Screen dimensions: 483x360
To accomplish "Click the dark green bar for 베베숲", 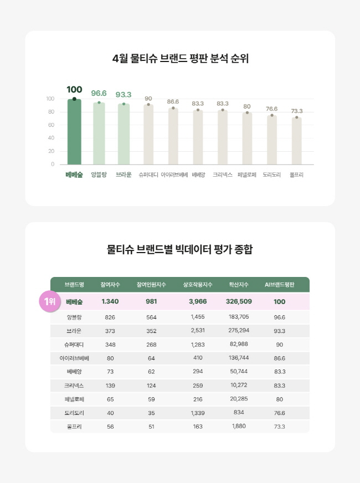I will pyautogui.click(x=74, y=132).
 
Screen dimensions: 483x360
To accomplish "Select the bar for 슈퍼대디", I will pyautogui.click(x=148, y=135).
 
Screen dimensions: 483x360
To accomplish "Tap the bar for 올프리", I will pyautogui.click(x=296, y=141).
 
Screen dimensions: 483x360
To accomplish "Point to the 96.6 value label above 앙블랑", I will pyautogui.click(x=99, y=93).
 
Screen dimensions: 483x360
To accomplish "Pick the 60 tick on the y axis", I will pyautogui.click(x=50, y=125).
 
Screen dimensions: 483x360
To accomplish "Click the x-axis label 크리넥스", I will pyautogui.click(x=223, y=175).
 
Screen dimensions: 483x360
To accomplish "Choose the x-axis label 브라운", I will pyautogui.click(x=124, y=175).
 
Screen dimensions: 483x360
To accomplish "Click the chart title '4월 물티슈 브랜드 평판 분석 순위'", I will pyautogui.click(x=180, y=59).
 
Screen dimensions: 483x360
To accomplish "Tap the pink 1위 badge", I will pyautogui.click(x=48, y=302).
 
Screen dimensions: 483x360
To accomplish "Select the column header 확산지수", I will pyautogui.click(x=239, y=285).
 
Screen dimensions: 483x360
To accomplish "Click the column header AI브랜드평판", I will pyautogui.click(x=280, y=285).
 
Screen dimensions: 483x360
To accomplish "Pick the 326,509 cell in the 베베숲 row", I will pyautogui.click(x=239, y=302).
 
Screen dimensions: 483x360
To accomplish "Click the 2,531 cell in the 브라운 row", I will pyautogui.click(x=198, y=331).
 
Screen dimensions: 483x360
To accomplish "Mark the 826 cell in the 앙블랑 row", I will pyautogui.click(x=110, y=317).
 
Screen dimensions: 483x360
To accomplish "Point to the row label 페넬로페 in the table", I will pyautogui.click(x=74, y=399).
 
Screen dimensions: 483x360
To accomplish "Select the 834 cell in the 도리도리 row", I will pyautogui.click(x=239, y=413).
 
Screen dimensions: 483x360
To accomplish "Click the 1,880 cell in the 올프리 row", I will pyautogui.click(x=239, y=427).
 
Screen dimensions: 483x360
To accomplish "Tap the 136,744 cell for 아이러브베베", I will pyautogui.click(x=239, y=358).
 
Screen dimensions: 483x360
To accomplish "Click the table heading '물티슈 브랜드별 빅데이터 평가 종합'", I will pyautogui.click(x=180, y=250).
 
